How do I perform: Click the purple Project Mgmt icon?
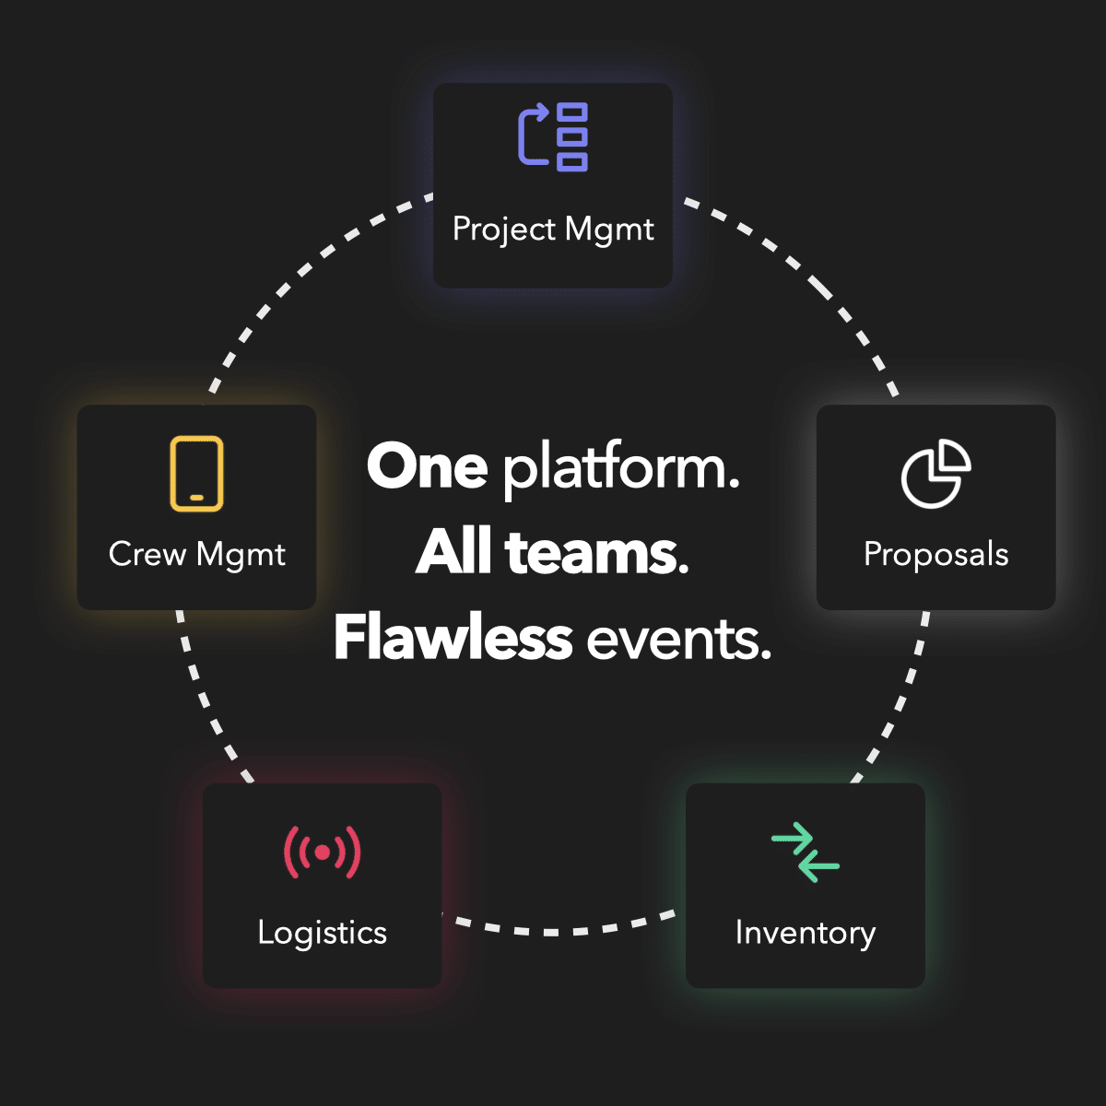(553, 137)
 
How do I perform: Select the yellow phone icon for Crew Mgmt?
(196, 474)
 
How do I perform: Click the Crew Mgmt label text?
(197, 555)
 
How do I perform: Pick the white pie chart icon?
(935, 474)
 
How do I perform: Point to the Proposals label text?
(936, 555)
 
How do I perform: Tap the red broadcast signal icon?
(322, 853)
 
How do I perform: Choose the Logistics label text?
(322, 934)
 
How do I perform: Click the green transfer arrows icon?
(806, 853)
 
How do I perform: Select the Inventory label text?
(806, 934)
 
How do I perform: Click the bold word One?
(428, 466)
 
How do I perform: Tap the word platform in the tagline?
(621, 469)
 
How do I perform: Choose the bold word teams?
(597, 553)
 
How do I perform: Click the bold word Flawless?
(453, 637)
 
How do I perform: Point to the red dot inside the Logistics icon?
(323, 853)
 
